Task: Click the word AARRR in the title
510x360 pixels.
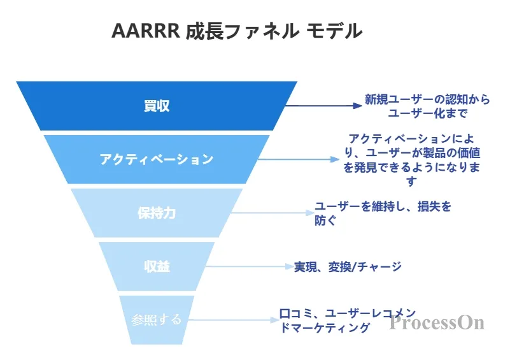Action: click(x=146, y=31)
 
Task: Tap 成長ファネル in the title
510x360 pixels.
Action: click(x=243, y=31)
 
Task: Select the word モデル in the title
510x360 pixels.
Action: click(x=334, y=31)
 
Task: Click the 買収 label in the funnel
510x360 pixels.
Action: click(x=157, y=106)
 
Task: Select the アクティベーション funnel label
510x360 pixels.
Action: click(x=157, y=159)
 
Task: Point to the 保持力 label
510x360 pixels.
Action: click(x=157, y=213)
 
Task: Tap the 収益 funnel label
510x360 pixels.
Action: click(x=157, y=266)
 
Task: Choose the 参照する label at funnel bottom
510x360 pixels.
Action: click(x=157, y=320)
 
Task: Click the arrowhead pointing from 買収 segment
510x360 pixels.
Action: click(x=357, y=106)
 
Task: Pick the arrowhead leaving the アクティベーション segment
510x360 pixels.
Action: click(x=335, y=159)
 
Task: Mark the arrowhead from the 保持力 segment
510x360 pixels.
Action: click(x=310, y=213)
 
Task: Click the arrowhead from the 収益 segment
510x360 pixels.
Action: click(x=290, y=266)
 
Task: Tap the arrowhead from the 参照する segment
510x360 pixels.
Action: click(x=275, y=320)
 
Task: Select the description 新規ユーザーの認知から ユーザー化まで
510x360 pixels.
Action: click(x=427, y=106)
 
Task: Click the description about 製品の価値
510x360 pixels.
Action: click(x=412, y=160)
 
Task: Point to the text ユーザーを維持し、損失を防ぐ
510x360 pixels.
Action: click(x=383, y=213)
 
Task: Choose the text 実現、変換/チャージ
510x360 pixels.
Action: click(x=348, y=267)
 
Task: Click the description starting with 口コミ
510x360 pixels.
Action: click(x=348, y=320)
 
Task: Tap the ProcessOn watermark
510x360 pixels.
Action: click(x=437, y=322)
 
